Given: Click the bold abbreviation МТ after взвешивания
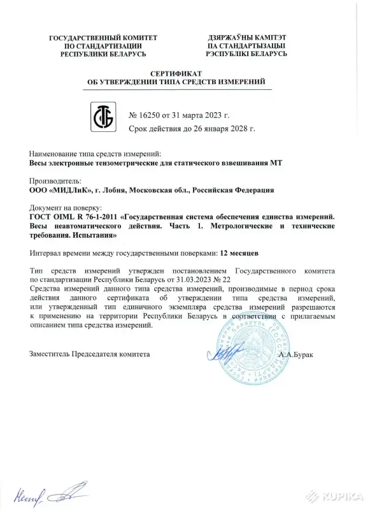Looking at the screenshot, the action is coord(276,163).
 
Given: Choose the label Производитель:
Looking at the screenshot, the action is coord(57,181).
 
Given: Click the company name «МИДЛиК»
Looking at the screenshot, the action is coord(69,189).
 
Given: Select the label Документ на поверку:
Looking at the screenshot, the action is coord(66,208).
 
